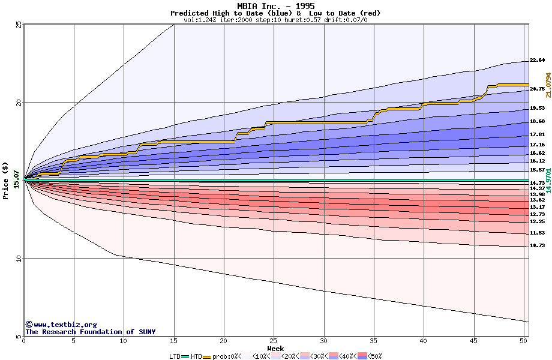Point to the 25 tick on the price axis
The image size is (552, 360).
(x=19, y=25)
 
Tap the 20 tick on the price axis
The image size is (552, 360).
(x=19, y=103)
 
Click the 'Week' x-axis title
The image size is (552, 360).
(x=275, y=348)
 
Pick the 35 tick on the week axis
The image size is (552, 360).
(x=374, y=341)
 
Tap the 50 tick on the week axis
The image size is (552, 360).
(x=523, y=341)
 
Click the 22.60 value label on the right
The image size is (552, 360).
(x=537, y=60)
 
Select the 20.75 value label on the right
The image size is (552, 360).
(x=537, y=89)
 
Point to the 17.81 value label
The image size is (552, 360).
(x=537, y=134)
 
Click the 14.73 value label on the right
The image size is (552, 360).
(x=537, y=182)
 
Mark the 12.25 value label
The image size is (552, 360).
(x=537, y=221)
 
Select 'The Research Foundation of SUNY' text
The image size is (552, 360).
(x=90, y=332)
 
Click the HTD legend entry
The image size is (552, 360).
(x=196, y=356)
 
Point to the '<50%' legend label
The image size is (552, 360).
(x=374, y=356)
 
